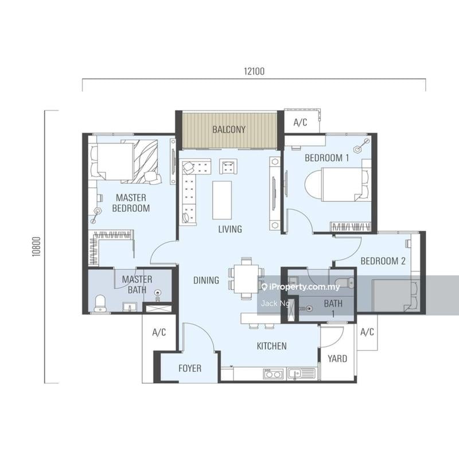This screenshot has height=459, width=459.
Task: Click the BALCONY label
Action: pyautogui.click(x=229, y=130)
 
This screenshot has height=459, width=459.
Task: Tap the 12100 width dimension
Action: pyautogui.click(x=254, y=71)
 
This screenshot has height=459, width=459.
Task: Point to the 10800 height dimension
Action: pyautogui.click(x=36, y=247)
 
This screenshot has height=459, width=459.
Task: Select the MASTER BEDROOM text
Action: pyautogui.click(x=131, y=203)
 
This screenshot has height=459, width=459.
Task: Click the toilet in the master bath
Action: pyautogui.click(x=100, y=304)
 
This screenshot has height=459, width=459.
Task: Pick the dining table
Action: pyautogui.click(x=247, y=279)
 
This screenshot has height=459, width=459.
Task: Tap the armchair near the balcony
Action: pyautogui.click(x=228, y=166)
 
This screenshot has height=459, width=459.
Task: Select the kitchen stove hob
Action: pyautogui.click(x=273, y=374)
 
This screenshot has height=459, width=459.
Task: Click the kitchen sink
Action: pyautogui.click(x=301, y=374)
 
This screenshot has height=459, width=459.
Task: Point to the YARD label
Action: pyautogui.click(x=337, y=359)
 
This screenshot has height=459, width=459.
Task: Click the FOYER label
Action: pyautogui.click(x=190, y=368)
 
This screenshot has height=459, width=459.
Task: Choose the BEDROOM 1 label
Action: pyautogui.click(x=326, y=158)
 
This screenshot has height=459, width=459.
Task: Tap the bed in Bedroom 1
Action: pyautogui.click(x=337, y=184)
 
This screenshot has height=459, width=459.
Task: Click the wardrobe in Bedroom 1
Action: pyautogui.click(x=351, y=227)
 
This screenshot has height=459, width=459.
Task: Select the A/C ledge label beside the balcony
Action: pyautogui.click(x=300, y=122)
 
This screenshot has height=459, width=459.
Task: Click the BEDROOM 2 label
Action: pyautogui.click(x=383, y=261)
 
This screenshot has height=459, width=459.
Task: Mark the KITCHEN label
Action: pyautogui.click(x=271, y=346)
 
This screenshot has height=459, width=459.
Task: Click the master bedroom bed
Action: pyautogui.click(x=125, y=161)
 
